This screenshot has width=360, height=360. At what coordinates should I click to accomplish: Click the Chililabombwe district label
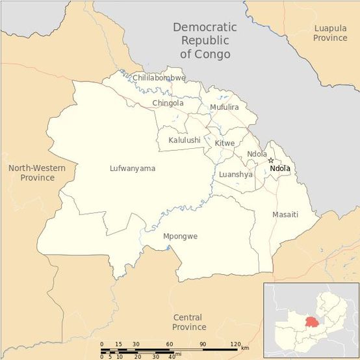tap(159, 78)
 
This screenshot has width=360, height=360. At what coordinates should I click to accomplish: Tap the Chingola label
tap(168, 103)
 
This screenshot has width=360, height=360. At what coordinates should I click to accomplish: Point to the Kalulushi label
tap(185, 140)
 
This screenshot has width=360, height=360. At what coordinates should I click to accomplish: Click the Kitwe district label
tap(224, 142)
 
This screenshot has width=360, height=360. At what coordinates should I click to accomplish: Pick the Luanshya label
tap(235, 174)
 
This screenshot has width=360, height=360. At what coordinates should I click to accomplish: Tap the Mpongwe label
tap(180, 236)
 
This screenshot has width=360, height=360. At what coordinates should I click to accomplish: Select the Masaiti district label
tap(285, 214)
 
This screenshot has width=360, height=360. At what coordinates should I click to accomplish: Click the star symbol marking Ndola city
tap(271, 161)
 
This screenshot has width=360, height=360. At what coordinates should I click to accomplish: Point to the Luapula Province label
tap(331, 33)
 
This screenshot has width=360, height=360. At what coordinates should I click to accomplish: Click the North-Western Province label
tap(36, 173)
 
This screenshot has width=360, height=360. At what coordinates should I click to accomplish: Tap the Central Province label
tap(190, 322)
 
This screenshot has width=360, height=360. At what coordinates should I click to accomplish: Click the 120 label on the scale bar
tap(235, 344)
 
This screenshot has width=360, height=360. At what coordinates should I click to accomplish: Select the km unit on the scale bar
tap(245, 348)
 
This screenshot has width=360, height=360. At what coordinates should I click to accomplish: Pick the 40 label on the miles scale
tap(171, 356)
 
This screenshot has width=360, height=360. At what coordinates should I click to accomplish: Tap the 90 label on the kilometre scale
tap(203, 344)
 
